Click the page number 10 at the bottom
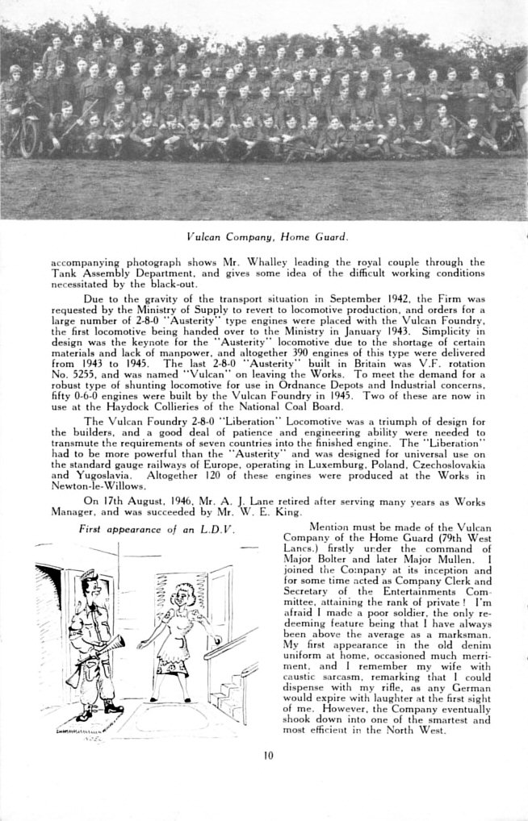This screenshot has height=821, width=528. (269, 756)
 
